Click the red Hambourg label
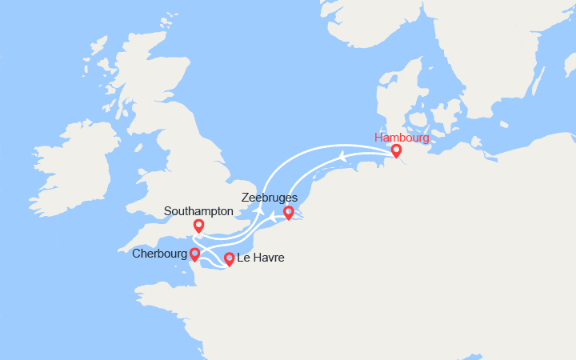[401, 138]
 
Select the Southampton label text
[198, 211]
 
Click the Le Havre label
[260, 258]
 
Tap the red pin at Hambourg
[395, 150]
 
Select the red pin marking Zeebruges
[289, 213]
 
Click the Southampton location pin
[198, 226]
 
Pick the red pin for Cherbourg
[194, 254]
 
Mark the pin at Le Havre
[229, 258]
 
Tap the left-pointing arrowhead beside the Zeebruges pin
[273, 216]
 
